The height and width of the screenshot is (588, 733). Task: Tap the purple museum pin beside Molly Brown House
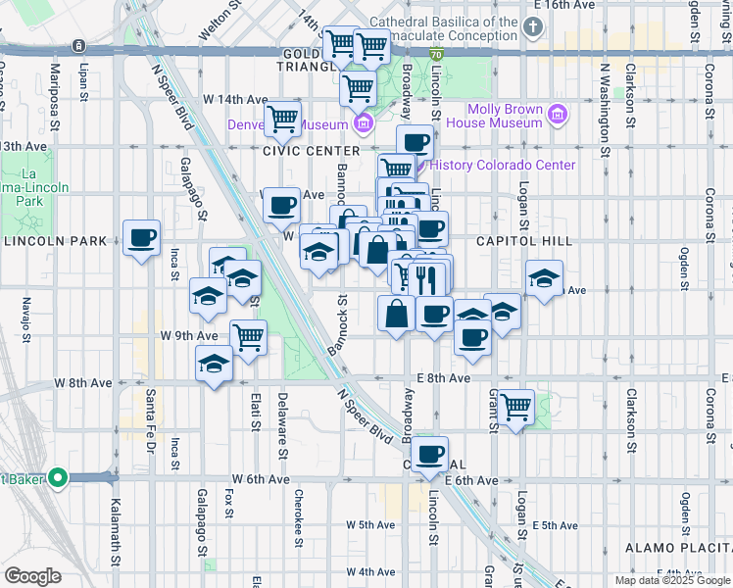coord(558,116)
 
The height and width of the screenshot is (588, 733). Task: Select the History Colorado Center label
coord(503,165)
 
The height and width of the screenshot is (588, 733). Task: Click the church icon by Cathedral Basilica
coord(532,26)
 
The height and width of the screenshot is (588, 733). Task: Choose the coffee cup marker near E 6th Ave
coord(430,454)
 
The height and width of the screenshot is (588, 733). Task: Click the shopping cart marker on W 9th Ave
coord(249,337)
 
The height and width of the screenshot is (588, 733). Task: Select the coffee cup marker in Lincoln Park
coord(142,237)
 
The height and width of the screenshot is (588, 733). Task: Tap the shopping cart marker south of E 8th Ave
coord(514,406)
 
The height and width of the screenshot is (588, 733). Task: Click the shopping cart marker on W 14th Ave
coord(282,120)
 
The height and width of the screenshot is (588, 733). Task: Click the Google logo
coord(33,576)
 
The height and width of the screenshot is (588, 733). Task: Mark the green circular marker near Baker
coord(58,478)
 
